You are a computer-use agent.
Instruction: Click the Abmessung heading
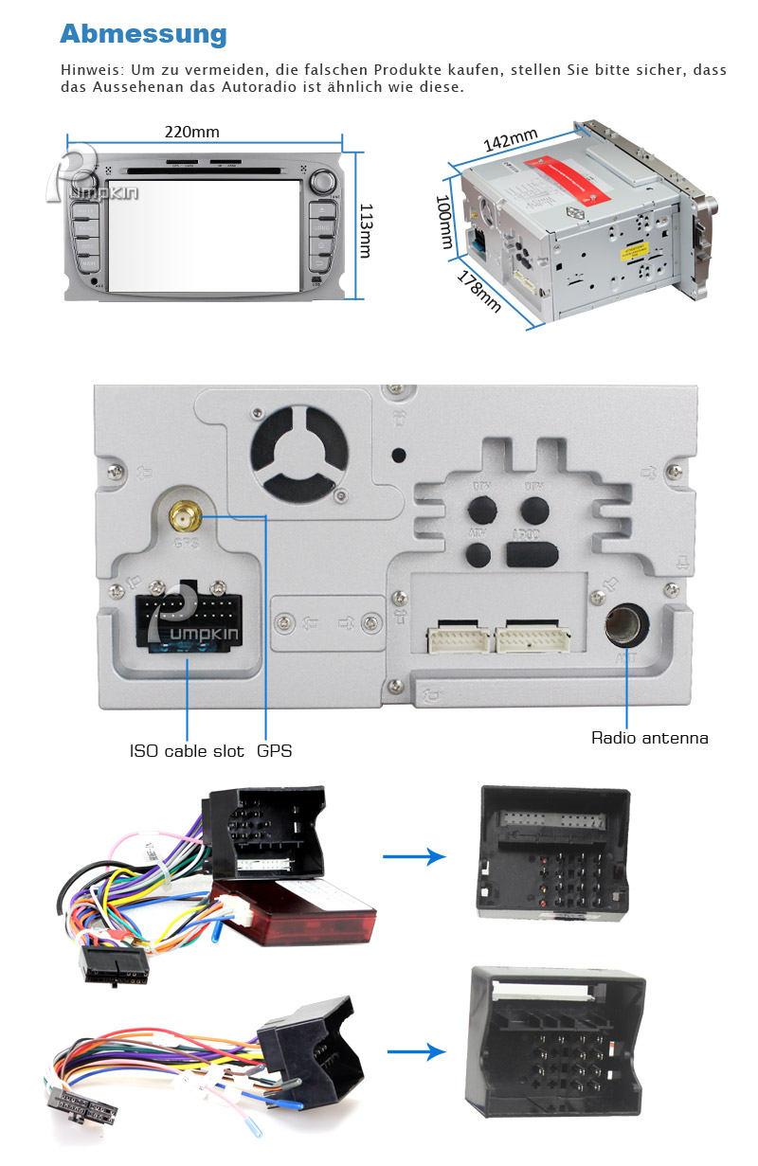143,34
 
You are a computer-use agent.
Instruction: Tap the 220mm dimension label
192,133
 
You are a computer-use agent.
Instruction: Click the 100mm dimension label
443,222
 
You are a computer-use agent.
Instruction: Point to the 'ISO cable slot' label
187,751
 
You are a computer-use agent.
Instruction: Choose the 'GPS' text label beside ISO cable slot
275,751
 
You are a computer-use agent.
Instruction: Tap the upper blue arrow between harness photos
413,857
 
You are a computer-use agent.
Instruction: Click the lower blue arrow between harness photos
416,1051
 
